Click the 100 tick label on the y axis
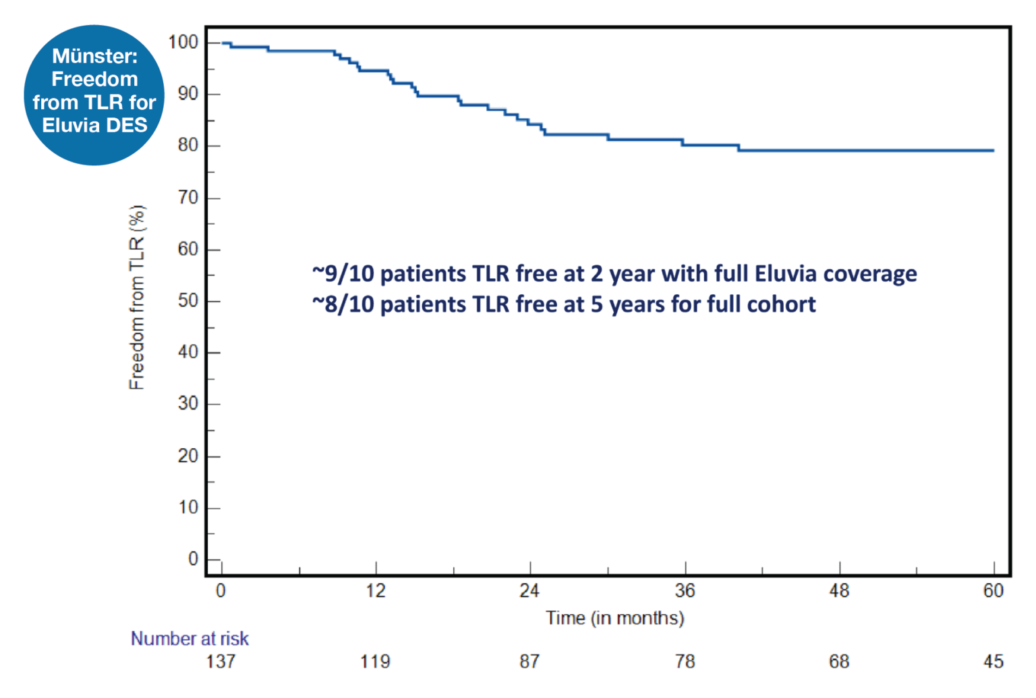coord(183,43)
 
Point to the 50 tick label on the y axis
coord(188,300)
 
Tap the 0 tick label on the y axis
coord(193,559)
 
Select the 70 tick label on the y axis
coord(188,197)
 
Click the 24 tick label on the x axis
coord(529,591)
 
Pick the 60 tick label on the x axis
coord(993,591)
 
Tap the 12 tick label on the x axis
coord(376,591)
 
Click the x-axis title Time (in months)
coord(614,618)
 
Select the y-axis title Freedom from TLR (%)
coord(137,297)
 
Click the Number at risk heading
coord(190,639)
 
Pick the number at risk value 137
coord(221,662)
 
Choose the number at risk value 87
coord(529,662)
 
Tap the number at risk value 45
coord(993,662)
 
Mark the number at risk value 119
coord(375,662)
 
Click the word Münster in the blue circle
coord(94,56)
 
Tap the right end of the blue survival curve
coord(993,151)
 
